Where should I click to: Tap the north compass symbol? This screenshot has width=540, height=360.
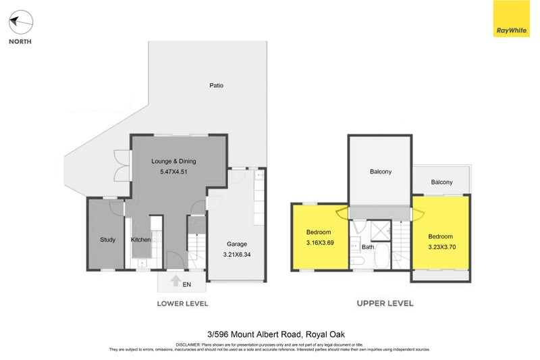coord(20,23)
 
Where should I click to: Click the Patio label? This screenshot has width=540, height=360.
coord(216,86)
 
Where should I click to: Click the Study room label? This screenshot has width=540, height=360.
coord(108,240)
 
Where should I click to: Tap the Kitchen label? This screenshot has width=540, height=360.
coord(140,240)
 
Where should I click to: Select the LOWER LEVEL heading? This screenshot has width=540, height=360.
coord(182,303)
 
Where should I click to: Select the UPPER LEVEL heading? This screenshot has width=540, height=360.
coord(385,303)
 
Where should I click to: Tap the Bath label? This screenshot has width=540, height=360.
coord(368,247)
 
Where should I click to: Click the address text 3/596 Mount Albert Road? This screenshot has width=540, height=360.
coord(270,333)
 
